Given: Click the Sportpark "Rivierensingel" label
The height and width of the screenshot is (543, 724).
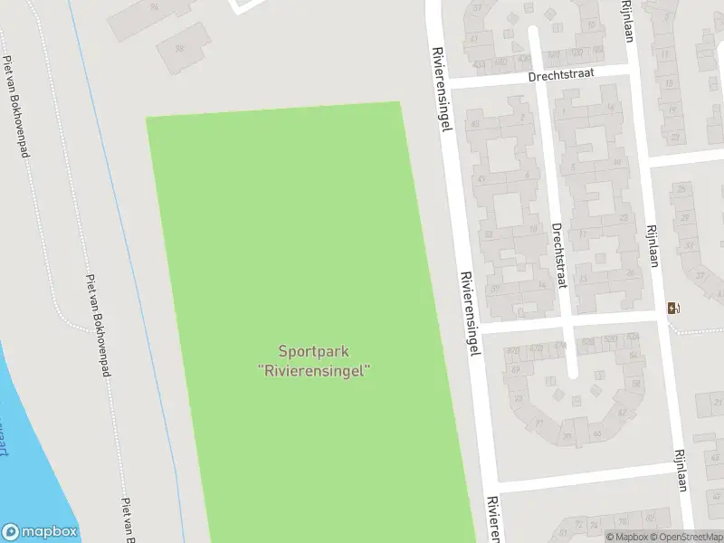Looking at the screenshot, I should (314, 360).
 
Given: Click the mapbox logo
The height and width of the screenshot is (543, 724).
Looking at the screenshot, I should (40, 531).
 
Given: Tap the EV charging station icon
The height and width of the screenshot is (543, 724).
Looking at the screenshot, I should (672, 308).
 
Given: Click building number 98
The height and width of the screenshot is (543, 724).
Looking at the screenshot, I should (178, 48).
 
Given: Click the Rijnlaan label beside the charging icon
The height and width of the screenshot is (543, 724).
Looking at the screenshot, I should (651, 246).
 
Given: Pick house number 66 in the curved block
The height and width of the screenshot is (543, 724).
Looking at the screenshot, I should (596, 433).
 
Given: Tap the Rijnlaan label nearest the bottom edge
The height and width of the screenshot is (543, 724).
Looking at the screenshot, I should (681, 471).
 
